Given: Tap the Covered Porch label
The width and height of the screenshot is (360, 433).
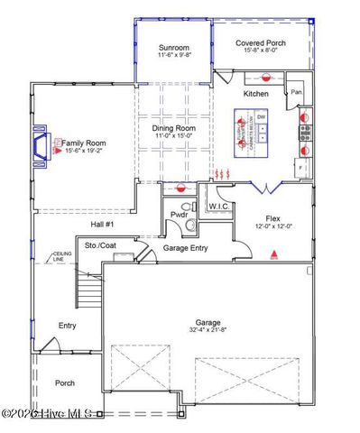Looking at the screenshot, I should pyautogui.click(x=260, y=42).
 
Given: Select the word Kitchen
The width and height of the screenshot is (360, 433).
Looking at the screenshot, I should pyautogui.click(x=257, y=94).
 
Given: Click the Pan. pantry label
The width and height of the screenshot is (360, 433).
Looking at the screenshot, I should pyautogui.click(x=295, y=92).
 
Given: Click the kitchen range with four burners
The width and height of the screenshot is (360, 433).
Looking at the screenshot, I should pyautogui.click(x=305, y=139).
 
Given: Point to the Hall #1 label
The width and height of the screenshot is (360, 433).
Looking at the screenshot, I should pyautogui.click(x=102, y=224).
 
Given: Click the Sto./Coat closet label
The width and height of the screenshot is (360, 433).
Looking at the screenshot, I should pyautogui.click(x=102, y=244).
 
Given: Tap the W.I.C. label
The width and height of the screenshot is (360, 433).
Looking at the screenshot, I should pyautogui.click(x=219, y=207).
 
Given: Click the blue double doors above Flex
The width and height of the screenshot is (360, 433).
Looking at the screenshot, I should pyautogui.click(x=263, y=188).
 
